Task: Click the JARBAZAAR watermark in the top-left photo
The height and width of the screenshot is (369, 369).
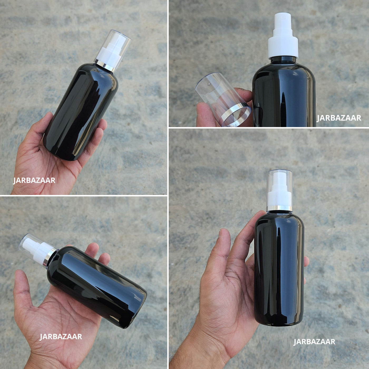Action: click(34, 180)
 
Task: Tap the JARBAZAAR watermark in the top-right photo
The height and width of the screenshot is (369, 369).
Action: click(339, 118)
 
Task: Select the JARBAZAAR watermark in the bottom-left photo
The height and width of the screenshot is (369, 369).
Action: click(61, 337)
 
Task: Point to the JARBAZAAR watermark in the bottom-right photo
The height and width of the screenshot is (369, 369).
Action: click(314, 342)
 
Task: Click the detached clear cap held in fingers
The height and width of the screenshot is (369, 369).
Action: click(223, 99)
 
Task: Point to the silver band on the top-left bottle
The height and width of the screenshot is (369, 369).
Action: click(105, 65)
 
